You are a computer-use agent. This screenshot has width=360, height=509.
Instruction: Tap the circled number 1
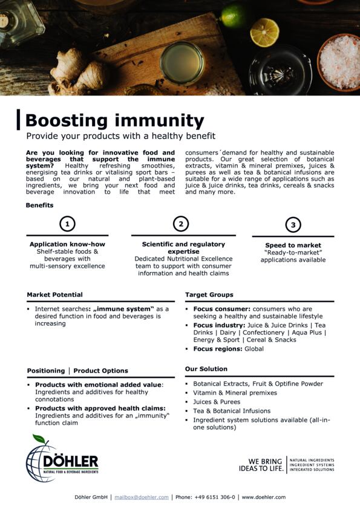click(x=67, y=224)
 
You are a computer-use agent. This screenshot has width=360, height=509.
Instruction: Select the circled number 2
click(x=181, y=224)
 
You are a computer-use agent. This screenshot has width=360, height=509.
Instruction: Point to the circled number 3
click(x=293, y=225)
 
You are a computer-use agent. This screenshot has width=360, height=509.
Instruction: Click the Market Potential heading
click(x=55, y=295)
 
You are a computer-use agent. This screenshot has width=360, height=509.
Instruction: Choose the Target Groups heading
click(x=209, y=295)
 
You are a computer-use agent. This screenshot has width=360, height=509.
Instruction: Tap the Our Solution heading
click(x=206, y=369)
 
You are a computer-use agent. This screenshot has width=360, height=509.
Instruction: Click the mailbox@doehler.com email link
click(x=142, y=497)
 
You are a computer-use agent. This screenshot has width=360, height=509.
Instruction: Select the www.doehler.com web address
click(x=263, y=497)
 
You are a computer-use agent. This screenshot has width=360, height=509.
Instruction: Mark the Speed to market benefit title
click(x=293, y=245)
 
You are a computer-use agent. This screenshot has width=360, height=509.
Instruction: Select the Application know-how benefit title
click(x=67, y=244)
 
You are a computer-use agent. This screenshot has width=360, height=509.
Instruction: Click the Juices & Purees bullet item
click(x=217, y=402)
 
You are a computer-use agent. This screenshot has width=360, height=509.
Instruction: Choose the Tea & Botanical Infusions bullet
click(x=232, y=411)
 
